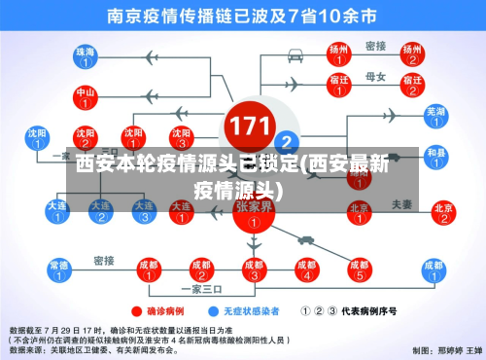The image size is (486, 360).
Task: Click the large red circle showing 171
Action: (x=248, y=126)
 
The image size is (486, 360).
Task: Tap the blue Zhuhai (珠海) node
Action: (x=86, y=56)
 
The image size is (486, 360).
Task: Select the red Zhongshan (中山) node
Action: (x=86, y=97)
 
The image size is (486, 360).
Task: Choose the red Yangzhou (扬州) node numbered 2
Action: (x=412, y=54)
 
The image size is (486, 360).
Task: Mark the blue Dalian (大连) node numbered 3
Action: (x=143, y=212)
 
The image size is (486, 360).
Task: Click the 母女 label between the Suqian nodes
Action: (x=374, y=75)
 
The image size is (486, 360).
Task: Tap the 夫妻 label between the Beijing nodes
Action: (x=401, y=204)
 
